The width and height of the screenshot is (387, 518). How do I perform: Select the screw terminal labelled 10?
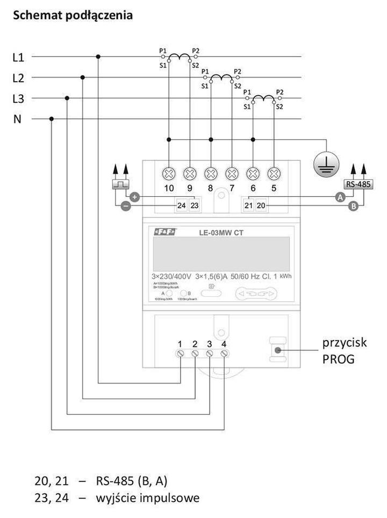coord(169,173)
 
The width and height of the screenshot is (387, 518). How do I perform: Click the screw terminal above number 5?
coord(273,173)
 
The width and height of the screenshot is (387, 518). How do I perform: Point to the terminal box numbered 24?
coord(181,205)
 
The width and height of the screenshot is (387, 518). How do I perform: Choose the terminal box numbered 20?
coord(261,205)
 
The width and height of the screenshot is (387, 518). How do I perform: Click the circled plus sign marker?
coord(135,197)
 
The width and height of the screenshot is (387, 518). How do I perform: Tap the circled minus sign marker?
coord(125,206)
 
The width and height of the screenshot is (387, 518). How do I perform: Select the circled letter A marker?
coord(340,197)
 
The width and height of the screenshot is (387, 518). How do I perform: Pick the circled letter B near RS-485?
coord(353,206)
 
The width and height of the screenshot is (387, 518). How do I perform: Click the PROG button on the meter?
coord(278,351)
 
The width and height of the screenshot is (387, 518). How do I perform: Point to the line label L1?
coord(18,57)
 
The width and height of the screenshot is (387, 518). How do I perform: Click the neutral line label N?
coord(18,119)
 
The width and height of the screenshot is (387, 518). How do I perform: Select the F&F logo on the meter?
coord(164,232)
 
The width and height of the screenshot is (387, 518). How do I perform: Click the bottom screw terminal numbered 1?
coord(181,353)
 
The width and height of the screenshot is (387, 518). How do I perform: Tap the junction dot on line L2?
coord(82,77)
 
